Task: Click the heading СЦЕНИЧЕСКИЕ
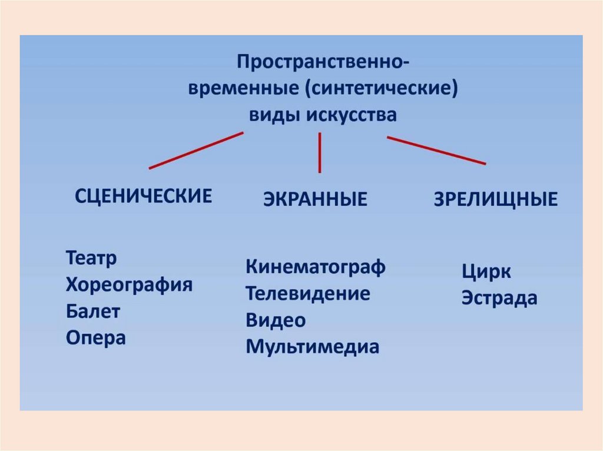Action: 143,196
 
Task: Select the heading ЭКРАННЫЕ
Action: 314,199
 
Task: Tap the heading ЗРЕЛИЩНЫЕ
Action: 495,199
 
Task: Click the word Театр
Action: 92,259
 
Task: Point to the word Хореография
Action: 130,285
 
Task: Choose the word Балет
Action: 93,312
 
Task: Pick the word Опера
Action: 96,338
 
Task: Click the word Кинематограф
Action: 316,267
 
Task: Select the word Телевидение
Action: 307,293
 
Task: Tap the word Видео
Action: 276,320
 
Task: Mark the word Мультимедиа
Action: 312,346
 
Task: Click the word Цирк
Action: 486,272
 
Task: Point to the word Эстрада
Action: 499,298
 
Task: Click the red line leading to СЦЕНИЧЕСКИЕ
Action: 196,151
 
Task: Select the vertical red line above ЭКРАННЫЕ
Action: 319,152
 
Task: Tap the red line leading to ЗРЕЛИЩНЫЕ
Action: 436,151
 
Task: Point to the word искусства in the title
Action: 351,115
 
